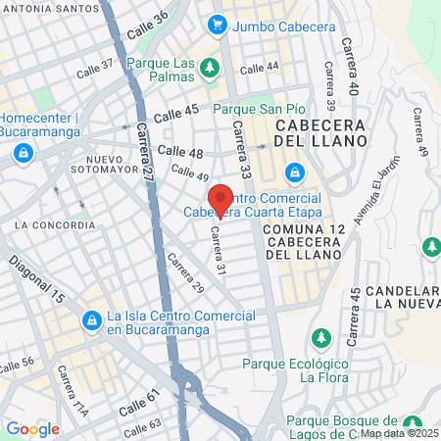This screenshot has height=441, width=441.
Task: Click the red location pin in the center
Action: [221, 200]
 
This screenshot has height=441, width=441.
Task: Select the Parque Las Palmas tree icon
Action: [209, 67]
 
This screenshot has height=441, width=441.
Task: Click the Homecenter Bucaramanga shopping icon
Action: [23, 153]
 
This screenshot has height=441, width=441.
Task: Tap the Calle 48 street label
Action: [180, 152]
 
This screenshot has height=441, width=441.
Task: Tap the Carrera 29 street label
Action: [185, 274]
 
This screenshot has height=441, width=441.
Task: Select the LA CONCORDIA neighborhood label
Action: [56, 224]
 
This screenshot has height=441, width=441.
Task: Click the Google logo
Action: [32, 428]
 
